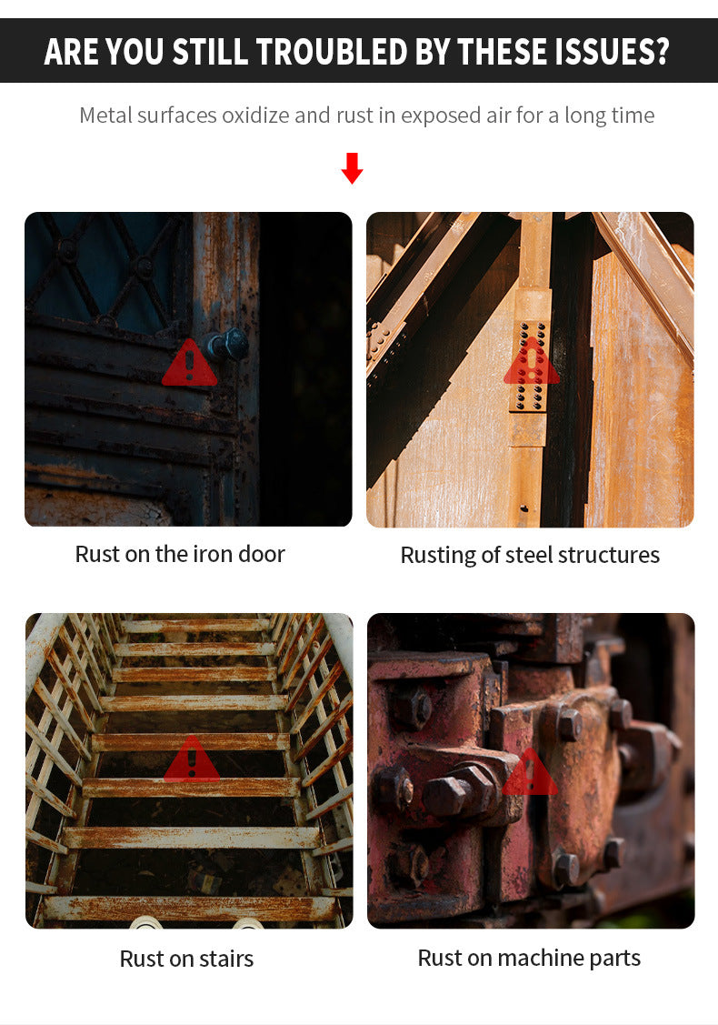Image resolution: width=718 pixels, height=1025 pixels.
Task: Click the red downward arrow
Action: (x=352, y=168)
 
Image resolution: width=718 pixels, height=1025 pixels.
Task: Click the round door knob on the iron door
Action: (x=229, y=345)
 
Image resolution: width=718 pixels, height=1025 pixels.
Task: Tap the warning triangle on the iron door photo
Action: (x=189, y=363)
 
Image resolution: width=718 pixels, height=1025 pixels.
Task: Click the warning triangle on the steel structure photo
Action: (x=531, y=361)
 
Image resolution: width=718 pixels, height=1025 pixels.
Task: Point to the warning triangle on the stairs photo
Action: (x=192, y=759)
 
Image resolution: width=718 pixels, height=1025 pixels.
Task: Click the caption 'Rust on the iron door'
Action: (x=180, y=555)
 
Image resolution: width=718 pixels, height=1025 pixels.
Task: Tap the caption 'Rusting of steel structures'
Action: (x=530, y=555)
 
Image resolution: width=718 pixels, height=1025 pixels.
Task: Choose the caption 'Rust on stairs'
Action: (x=186, y=959)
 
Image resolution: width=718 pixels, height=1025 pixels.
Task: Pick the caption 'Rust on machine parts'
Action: (x=529, y=959)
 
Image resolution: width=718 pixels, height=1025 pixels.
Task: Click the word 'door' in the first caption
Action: (x=262, y=555)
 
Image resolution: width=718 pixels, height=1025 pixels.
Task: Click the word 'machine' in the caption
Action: (x=541, y=959)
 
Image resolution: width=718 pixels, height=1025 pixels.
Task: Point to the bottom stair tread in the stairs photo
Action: (x=188, y=908)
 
